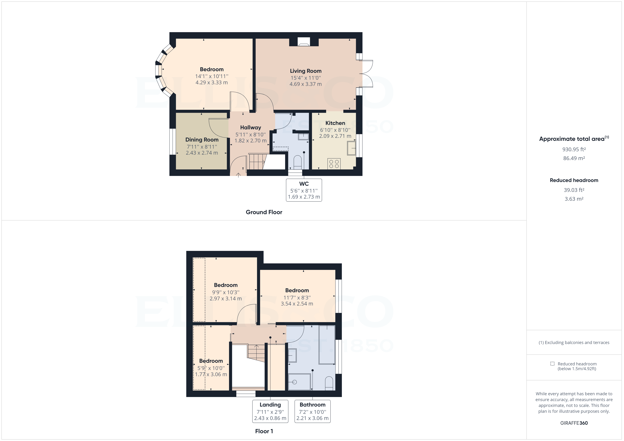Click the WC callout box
tap(304, 190)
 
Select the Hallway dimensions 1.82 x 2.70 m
tap(250, 141)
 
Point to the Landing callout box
tap(270, 411)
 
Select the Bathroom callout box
tap(313, 411)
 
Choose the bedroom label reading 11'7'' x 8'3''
tap(297, 297)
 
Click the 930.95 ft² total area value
tap(574, 149)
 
